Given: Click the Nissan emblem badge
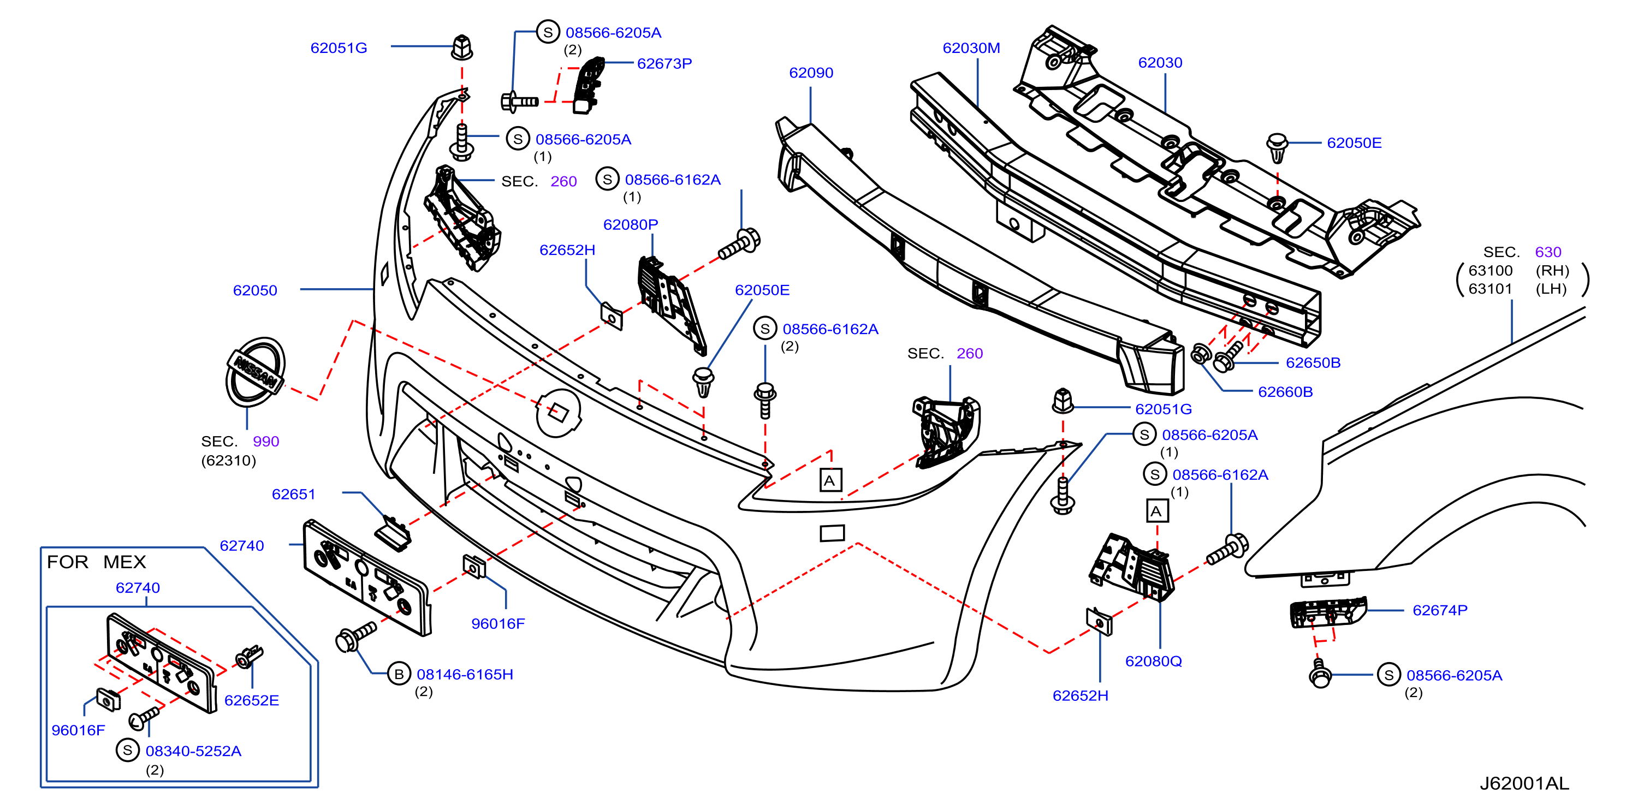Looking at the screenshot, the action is (256, 372).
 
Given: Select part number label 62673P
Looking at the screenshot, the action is (664, 63).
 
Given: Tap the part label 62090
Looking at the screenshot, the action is (811, 73).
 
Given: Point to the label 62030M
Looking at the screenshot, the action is (971, 48).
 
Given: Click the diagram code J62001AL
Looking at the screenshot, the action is (1524, 783).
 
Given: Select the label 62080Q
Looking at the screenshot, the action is (1154, 661).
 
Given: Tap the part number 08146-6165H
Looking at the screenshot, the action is (465, 675).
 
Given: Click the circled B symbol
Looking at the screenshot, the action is (399, 675).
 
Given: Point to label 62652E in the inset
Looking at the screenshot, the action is (252, 700).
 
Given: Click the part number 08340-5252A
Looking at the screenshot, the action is (193, 751).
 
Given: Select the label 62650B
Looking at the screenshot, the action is (1313, 363).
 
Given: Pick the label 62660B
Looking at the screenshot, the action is (1285, 392).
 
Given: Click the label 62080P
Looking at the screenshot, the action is (631, 225).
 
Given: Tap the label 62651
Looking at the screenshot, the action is (293, 494).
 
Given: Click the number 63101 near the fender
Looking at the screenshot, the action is (1490, 289).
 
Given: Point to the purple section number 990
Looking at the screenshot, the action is (266, 442).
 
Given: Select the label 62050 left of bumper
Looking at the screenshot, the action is (256, 291).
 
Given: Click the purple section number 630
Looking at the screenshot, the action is (1548, 252).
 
